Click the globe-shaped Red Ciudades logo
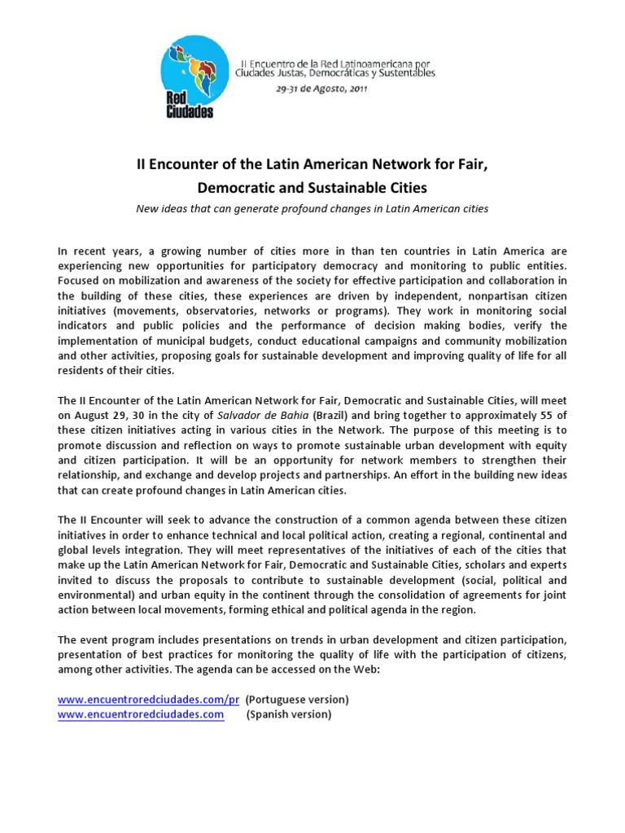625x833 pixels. point(189,79)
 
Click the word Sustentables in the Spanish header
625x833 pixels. point(404,73)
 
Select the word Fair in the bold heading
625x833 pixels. point(473,164)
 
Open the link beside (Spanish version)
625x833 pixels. point(141,714)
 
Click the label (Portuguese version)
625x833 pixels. point(297,700)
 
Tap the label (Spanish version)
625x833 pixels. point(289,714)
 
